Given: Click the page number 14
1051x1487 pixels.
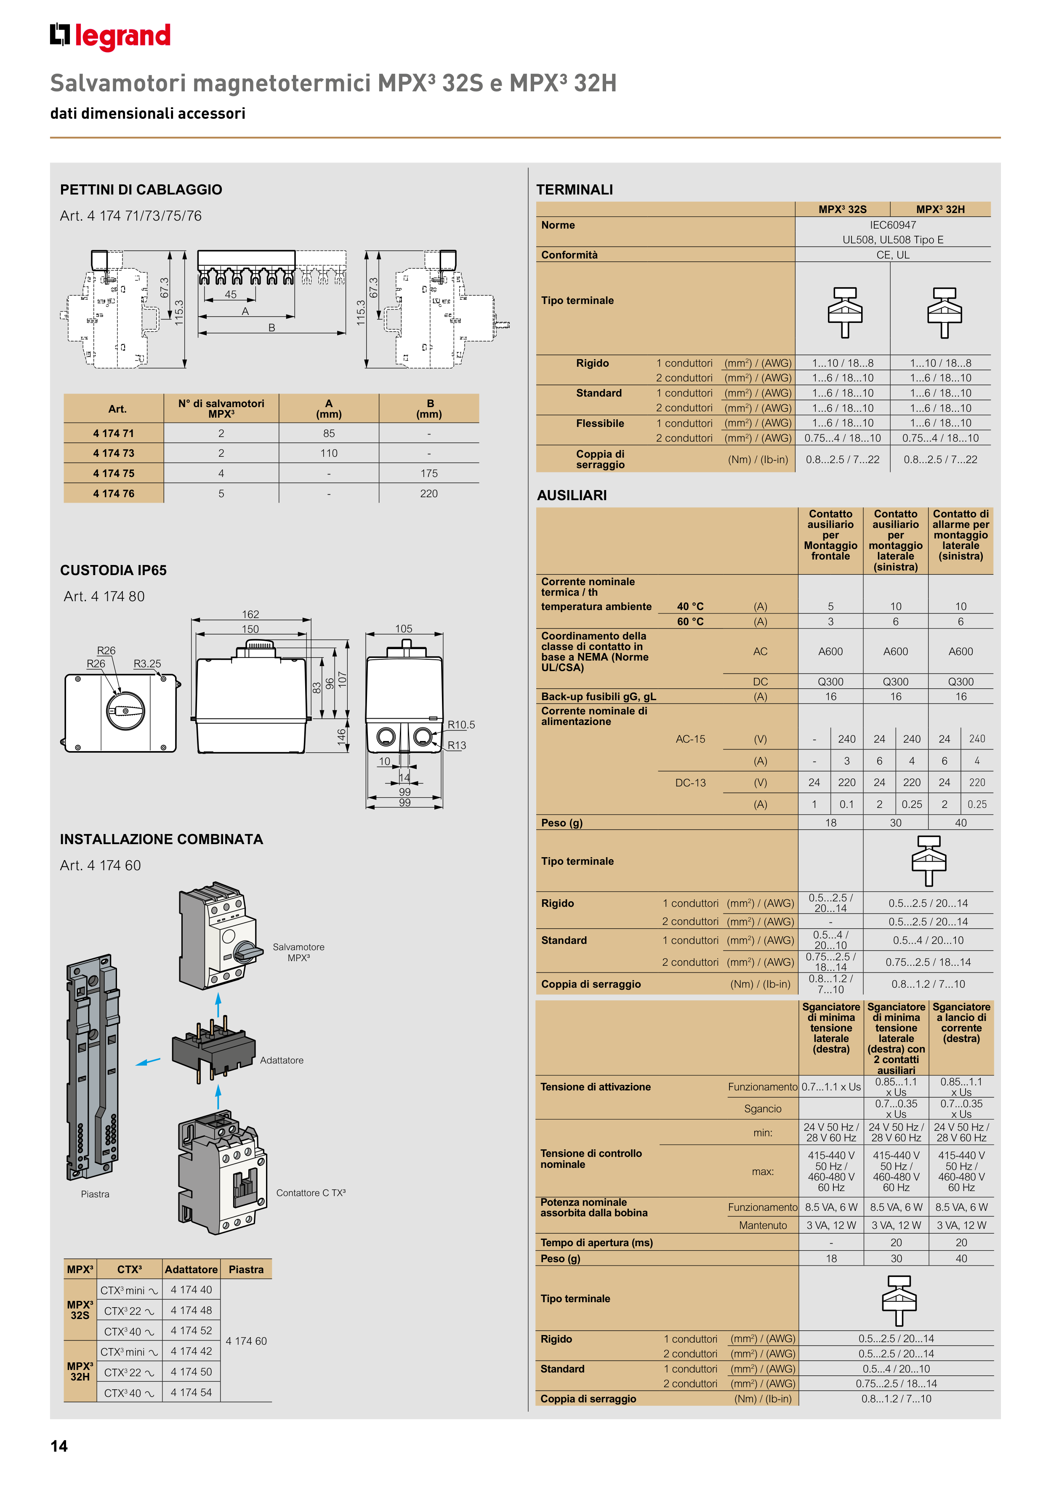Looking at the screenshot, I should (x=59, y=1446).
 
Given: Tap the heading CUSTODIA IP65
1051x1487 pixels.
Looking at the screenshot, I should (x=113, y=570).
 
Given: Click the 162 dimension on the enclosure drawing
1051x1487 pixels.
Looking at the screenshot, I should (x=250, y=614).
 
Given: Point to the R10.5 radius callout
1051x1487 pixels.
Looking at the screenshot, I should (x=461, y=725).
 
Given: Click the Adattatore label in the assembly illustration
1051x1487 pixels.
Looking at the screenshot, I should (x=282, y=1060).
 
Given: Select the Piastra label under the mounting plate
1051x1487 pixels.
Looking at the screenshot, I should (x=95, y=1194).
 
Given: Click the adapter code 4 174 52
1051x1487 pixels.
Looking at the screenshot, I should (x=191, y=1330).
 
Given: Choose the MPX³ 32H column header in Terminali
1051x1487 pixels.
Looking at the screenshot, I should (x=940, y=209).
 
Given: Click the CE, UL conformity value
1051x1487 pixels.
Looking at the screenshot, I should (x=893, y=255).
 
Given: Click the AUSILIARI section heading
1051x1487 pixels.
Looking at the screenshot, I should (x=572, y=496).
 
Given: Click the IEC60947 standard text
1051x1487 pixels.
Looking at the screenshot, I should (x=893, y=225).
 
